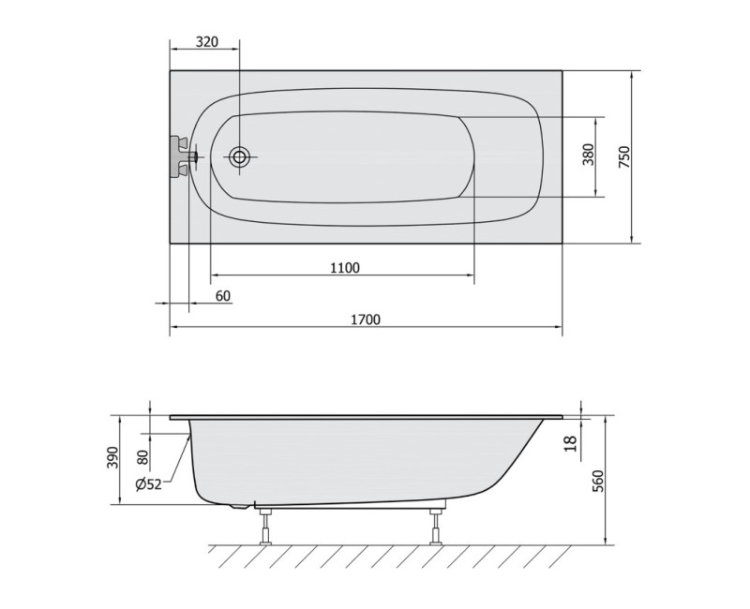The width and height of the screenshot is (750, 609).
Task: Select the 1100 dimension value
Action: click(344, 268)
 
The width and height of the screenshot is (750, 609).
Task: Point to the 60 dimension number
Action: click(222, 296)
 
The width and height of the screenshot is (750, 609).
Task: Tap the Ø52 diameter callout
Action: click(149, 484)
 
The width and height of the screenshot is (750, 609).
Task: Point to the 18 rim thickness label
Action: click(570, 443)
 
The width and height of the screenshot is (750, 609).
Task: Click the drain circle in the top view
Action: click(239, 157)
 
